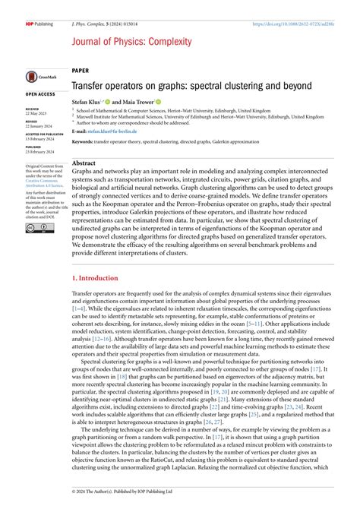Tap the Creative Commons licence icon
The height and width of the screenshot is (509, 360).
pyautogui.click(x=35, y=209)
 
